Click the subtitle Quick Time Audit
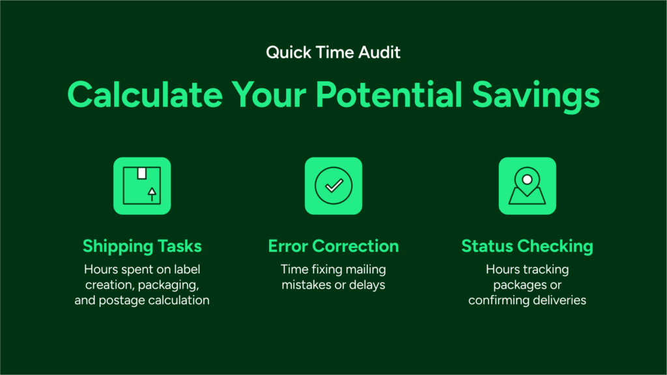(x=333, y=52)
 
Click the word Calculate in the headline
(x=145, y=94)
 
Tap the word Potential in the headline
(x=389, y=94)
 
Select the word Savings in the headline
(x=535, y=97)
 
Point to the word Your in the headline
(x=269, y=94)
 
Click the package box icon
(x=142, y=186)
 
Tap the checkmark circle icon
(x=333, y=186)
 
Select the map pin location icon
(x=528, y=186)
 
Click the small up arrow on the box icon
(x=152, y=194)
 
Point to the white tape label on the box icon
(x=141, y=173)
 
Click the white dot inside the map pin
(x=527, y=180)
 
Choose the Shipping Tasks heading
(x=142, y=246)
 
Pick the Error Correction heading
(x=333, y=246)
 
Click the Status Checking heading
(x=528, y=246)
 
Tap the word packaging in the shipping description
(x=169, y=285)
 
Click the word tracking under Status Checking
(x=546, y=270)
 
